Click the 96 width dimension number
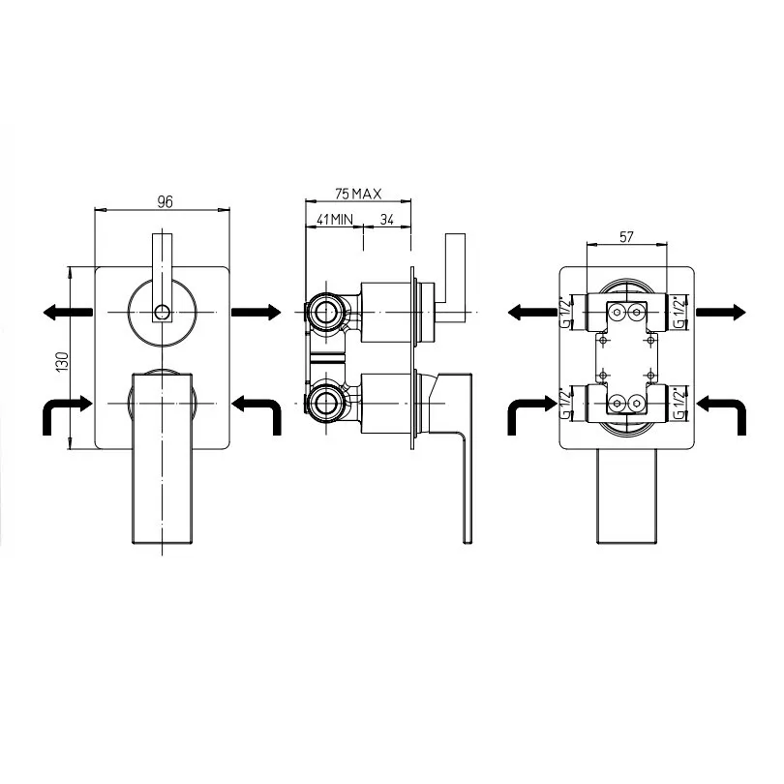165,201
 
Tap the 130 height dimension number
63,361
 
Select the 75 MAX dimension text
358,194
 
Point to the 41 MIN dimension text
335,219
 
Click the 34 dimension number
387,219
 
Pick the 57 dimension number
626,237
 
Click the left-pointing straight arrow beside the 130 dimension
68,313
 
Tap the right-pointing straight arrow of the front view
256,312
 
